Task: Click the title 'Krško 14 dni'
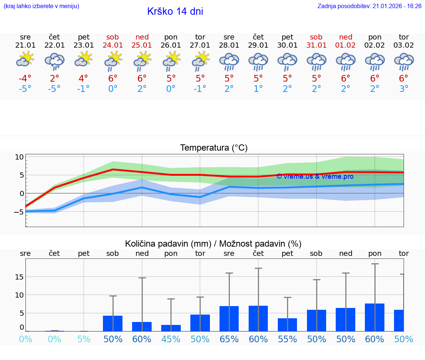point(175,11)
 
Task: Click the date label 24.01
point(113,45)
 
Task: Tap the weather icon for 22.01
point(55,61)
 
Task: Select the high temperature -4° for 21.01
point(25,79)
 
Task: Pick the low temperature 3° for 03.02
point(404,89)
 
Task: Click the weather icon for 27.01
point(200,60)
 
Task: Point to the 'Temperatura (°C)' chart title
point(214,148)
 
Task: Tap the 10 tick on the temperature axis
point(20,157)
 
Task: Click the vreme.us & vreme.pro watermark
point(315,176)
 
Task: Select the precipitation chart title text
point(213,244)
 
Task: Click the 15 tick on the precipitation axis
point(20,277)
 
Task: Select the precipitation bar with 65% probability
point(229,319)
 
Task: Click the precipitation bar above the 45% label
point(171,328)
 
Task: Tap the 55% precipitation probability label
point(287,339)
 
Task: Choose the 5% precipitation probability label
point(84,339)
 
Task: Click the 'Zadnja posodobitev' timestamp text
point(369,6)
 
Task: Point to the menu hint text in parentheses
point(41,6)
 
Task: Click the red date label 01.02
point(346,45)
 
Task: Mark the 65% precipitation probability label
point(229,339)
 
